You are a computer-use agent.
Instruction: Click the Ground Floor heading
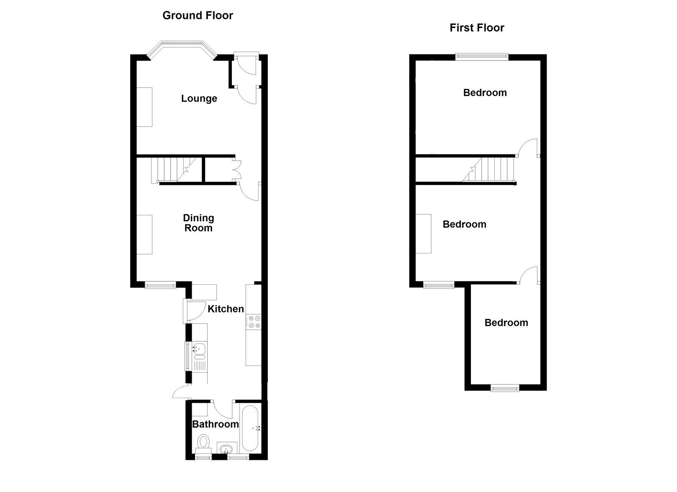click(x=198, y=15)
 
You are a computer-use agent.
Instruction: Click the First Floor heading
click(x=476, y=28)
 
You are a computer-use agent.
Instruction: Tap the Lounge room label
click(x=199, y=99)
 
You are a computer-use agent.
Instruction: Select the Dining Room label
click(x=198, y=223)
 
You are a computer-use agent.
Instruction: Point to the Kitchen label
click(x=226, y=309)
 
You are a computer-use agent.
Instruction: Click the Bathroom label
click(x=215, y=424)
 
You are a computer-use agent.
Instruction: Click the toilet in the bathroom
click(x=204, y=444)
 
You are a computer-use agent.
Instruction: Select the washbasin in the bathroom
click(x=226, y=448)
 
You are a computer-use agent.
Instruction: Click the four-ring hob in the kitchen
click(x=253, y=322)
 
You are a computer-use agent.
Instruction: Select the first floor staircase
click(x=488, y=170)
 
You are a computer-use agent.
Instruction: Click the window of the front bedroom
click(x=482, y=57)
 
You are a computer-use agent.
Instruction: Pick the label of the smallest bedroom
click(x=506, y=322)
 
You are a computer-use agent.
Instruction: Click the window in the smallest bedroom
click(x=505, y=388)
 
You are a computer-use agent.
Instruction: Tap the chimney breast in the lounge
click(x=144, y=107)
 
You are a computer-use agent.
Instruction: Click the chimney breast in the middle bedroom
click(x=424, y=234)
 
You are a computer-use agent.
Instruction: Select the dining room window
click(x=160, y=285)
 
